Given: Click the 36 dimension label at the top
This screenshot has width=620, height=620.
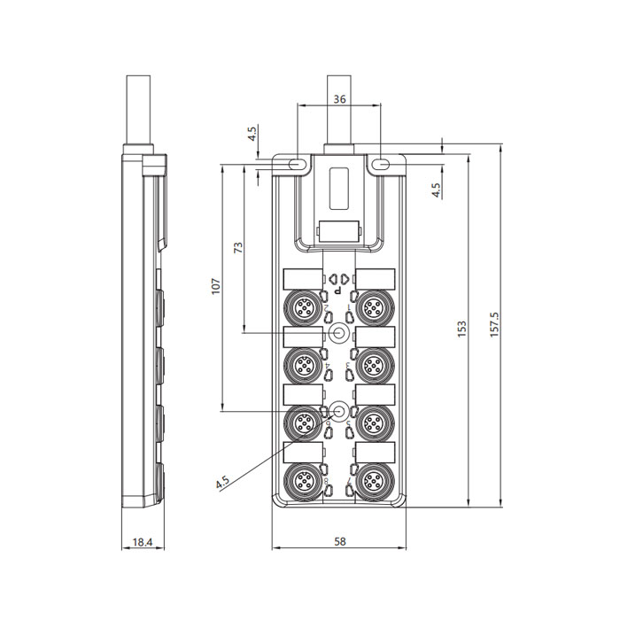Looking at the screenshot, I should coord(339,100).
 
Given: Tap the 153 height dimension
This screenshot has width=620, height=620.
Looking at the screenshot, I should coord(461,328).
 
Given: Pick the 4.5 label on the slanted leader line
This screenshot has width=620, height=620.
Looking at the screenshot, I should coord(221,482).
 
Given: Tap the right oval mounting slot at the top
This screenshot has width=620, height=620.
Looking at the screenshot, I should coord(382,165).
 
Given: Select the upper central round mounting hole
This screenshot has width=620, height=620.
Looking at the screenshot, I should coord(339,333).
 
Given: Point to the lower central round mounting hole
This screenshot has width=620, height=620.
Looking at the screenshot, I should coord(339,410).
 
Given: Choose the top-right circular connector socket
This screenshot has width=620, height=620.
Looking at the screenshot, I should coord(373,306).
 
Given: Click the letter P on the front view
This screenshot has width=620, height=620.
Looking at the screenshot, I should coord(339,290).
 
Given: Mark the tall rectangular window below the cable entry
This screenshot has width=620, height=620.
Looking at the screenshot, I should coord(339,187).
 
